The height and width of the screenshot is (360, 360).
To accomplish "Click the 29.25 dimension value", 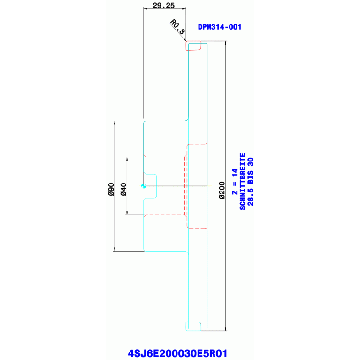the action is click(163, 5).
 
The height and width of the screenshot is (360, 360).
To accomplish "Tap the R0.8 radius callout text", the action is click(177, 27).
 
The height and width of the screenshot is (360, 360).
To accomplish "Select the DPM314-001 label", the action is click(220, 27).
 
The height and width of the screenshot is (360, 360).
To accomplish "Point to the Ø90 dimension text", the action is click(111, 189).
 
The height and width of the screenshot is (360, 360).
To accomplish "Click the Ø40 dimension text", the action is click(123, 189).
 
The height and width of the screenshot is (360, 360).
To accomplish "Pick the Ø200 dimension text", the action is click(222, 190).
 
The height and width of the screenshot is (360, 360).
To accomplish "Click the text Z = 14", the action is click(235, 182).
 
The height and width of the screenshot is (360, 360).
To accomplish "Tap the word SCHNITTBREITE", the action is click(243, 182).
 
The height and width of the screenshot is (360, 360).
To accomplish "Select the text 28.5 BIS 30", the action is click(250, 182).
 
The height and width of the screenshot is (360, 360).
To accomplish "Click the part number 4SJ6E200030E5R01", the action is click(177, 353).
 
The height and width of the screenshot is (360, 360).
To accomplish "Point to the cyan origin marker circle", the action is click(144, 186).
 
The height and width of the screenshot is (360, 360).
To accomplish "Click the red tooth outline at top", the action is click(193, 46).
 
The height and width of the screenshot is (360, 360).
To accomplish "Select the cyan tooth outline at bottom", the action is click(193, 326).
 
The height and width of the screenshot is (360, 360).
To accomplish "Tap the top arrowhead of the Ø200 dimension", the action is click(225, 43).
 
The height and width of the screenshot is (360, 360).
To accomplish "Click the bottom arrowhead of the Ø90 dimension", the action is click(115, 249).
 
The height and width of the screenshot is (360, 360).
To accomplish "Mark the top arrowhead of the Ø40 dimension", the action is click(127, 159).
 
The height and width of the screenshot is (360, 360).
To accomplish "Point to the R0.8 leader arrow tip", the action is click(186, 41).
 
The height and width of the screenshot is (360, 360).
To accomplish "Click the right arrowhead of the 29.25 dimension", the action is click(184, 9).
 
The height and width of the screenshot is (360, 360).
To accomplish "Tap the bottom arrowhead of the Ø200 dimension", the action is click(225, 329).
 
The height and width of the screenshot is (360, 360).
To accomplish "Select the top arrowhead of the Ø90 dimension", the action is click(115, 123).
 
